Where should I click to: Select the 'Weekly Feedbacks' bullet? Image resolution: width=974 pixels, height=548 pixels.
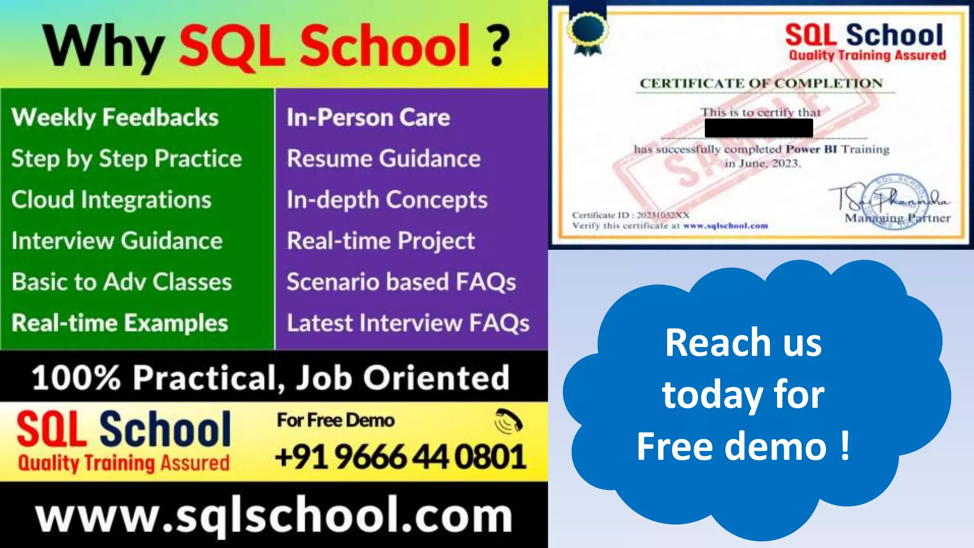pos(115,117)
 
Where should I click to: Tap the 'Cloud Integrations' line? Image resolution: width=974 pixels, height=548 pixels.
pos(111,200)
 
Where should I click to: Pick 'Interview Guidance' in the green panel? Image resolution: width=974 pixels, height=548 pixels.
pos(117,241)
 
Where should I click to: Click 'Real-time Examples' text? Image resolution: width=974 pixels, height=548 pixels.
pos(120,323)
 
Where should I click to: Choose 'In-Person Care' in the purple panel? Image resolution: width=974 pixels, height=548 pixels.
pos(368,117)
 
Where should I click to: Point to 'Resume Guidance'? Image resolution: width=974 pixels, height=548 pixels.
pos(383,158)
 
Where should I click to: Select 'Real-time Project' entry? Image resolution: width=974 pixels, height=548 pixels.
pos(380,241)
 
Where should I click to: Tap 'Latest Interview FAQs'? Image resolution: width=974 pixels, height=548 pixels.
pos(408,323)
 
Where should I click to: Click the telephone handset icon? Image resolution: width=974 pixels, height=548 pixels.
pos(508,421)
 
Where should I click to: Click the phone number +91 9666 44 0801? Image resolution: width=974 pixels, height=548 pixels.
pos(400,457)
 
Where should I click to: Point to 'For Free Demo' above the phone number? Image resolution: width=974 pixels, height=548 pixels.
pos(336,421)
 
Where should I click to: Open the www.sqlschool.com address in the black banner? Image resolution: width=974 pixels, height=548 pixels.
pos(273,516)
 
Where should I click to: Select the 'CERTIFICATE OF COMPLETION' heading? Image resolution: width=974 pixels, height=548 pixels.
pos(761,84)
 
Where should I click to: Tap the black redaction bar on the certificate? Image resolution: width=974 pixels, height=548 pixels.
pos(759,128)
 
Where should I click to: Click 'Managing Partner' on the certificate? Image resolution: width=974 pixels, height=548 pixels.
pos(897,218)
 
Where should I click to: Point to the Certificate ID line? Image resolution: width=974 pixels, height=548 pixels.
pos(631,215)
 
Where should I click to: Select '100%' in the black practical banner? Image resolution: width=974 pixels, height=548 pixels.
pos(76,378)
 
